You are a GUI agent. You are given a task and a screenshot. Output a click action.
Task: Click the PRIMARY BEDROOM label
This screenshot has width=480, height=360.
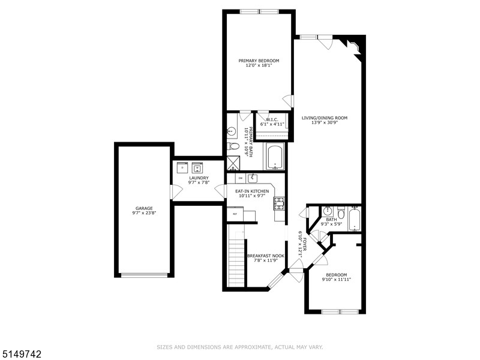[x=259, y=61]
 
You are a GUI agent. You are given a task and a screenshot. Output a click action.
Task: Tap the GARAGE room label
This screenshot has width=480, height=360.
[x=143, y=208]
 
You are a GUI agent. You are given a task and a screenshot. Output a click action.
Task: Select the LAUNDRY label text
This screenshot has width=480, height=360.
[x=199, y=178]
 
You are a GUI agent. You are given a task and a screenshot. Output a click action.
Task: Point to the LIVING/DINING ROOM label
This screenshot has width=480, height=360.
[x=325, y=118]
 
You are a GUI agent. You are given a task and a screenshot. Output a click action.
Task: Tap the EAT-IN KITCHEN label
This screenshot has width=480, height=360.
[x=252, y=191]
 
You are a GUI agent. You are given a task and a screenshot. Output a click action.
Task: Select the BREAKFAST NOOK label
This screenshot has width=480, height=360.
[x=266, y=256]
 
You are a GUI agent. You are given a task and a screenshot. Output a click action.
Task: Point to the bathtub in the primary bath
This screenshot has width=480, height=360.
[x=275, y=157]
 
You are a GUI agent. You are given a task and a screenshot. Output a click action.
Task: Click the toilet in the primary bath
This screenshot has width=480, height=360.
[x=233, y=146]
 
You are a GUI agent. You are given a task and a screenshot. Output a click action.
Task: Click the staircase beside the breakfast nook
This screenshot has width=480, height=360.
[x=237, y=261]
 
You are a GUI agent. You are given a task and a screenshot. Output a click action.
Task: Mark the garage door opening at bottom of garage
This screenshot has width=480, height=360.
[x=144, y=275]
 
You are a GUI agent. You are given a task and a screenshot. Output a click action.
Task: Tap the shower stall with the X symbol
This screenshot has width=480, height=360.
[x=232, y=162]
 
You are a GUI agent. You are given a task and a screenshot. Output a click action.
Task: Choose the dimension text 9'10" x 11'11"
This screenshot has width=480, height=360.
[x=336, y=280]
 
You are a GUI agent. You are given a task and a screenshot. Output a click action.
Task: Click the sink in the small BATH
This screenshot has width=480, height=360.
[x=327, y=211]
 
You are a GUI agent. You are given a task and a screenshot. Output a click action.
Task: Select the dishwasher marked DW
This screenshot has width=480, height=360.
[x=240, y=178]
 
